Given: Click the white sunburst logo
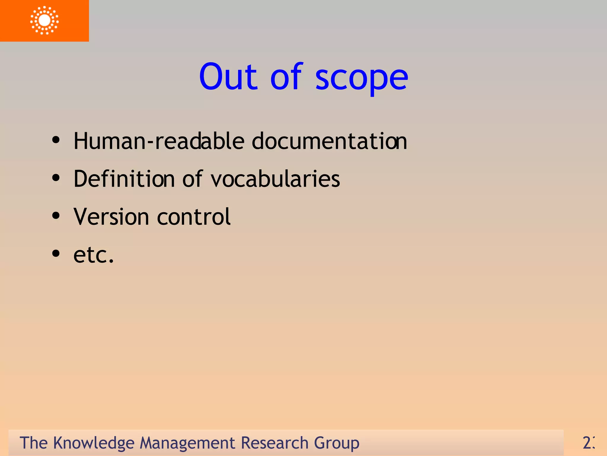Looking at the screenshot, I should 44,20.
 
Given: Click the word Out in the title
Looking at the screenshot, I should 228,77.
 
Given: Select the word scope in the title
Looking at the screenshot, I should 362,78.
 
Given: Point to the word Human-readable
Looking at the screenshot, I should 159,141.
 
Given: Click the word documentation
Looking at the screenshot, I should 329,141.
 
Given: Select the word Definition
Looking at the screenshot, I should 124,179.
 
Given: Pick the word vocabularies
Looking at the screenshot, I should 275,179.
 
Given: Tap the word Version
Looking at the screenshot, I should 111,217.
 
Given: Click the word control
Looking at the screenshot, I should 194,217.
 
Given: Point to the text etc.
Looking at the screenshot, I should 94,255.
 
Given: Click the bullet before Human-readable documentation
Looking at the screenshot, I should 56,140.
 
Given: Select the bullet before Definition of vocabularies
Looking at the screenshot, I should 56,178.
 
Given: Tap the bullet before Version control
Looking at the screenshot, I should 56,216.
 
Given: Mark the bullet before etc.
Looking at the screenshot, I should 56,254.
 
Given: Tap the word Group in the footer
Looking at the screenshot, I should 336,443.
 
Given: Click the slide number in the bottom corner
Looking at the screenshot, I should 589,443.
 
